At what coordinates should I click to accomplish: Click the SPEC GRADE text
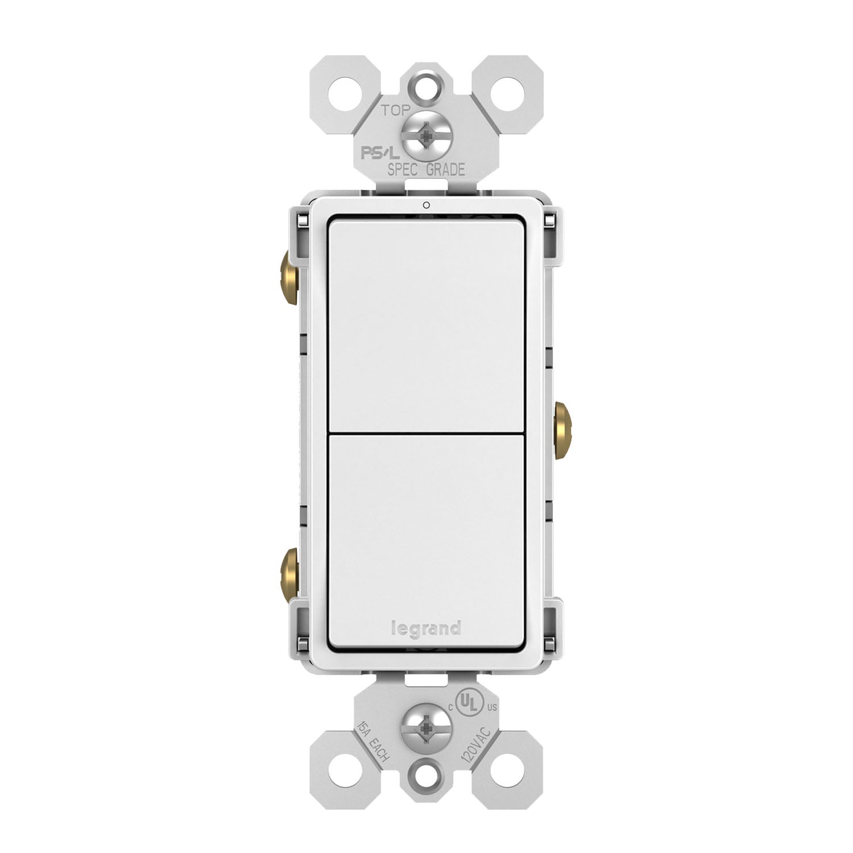[x=426, y=169]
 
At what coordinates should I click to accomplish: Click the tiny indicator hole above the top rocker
[x=426, y=206]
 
